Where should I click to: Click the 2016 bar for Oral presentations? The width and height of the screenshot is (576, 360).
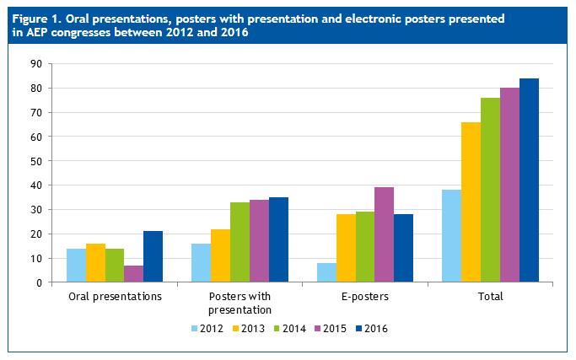point(153,256)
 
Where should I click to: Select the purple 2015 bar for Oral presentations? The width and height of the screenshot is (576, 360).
point(133,273)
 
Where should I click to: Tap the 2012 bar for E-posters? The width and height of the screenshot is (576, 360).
point(326,272)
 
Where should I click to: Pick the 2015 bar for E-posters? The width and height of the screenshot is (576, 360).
point(385,235)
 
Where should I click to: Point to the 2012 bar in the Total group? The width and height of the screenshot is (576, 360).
point(451,236)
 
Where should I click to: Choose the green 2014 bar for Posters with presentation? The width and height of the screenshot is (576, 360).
point(240,242)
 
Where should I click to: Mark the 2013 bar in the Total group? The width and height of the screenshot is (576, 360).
point(471,202)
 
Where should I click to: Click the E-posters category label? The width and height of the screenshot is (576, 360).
point(365,297)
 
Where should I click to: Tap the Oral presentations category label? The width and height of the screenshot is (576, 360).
point(115,297)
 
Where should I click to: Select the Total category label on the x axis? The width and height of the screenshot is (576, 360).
point(490,297)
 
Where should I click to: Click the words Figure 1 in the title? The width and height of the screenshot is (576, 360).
point(35,18)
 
